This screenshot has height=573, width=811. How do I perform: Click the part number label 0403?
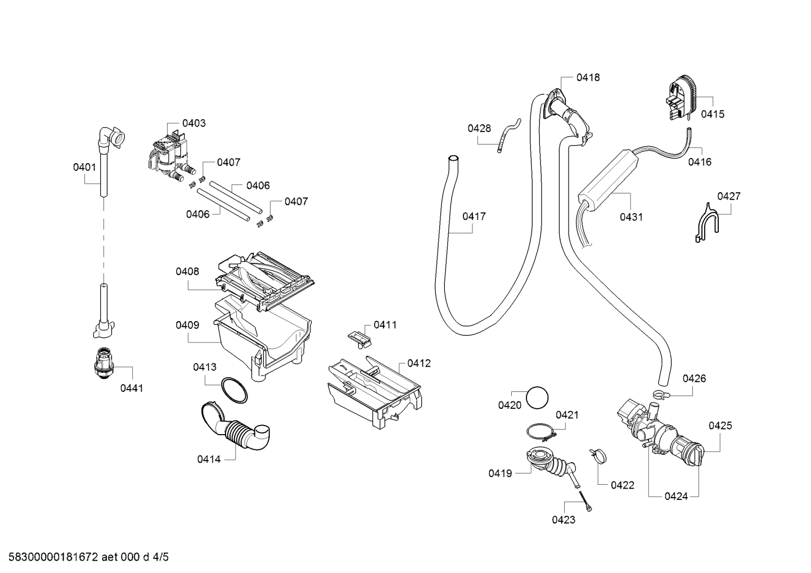click(x=193, y=124)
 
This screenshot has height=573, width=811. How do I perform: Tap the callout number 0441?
click(x=132, y=389)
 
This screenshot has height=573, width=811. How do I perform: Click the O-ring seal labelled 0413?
click(x=235, y=390)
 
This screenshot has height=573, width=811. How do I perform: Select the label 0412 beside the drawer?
click(x=419, y=363)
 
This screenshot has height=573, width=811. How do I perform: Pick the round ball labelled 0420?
click(x=537, y=398)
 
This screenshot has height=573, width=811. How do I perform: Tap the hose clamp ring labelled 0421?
click(x=541, y=432)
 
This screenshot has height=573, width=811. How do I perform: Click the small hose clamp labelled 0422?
click(x=598, y=455)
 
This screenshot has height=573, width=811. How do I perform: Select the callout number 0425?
click(x=720, y=426)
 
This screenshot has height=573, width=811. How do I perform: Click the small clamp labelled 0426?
click(x=661, y=394)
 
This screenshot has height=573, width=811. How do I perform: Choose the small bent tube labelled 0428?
click(x=509, y=136)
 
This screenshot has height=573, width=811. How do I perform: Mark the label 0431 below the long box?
click(x=632, y=217)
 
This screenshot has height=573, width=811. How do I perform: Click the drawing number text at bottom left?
click(x=89, y=557)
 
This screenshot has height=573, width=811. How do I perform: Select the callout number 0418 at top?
click(x=588, y=78)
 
